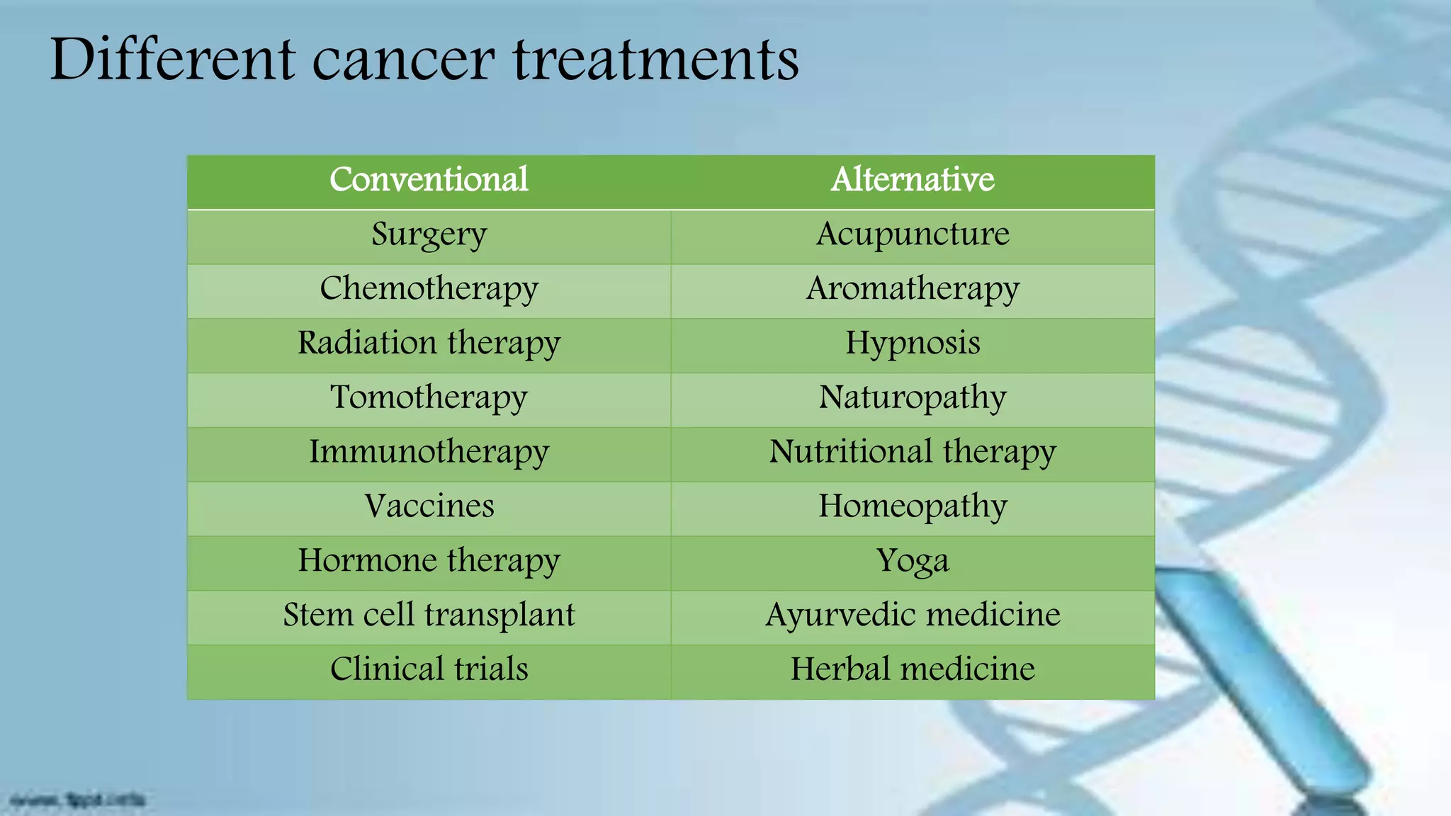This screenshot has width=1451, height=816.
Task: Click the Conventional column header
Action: point(429,180)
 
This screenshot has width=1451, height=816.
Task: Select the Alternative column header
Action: point(913,180)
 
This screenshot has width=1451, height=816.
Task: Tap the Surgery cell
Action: point(429,234)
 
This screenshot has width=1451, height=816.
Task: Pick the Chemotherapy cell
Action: point(429,289)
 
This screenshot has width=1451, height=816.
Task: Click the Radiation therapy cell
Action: point(429,344)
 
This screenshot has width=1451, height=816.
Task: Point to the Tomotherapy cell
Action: point(429,397)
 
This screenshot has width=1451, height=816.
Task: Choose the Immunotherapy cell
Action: point(429,452)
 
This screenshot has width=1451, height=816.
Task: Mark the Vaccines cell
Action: point(429,506)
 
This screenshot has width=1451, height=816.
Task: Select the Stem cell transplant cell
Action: point(429,615)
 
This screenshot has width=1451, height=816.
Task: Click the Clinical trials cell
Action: point(429,669)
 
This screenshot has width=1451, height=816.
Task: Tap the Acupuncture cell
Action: point(913,234)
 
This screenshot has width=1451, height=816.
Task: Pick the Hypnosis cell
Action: point(913,344)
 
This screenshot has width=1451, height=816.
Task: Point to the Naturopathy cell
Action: point(913,397)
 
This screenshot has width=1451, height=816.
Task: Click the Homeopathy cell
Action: point(913,506)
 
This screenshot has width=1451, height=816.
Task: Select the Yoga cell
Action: point(913,561)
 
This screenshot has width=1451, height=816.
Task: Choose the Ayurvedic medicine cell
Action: point(913,615)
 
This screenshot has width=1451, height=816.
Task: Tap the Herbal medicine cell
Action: point(913,669)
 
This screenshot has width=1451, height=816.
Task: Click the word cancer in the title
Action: point(403,61)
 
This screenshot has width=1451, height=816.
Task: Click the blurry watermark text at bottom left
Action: point(78,801)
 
